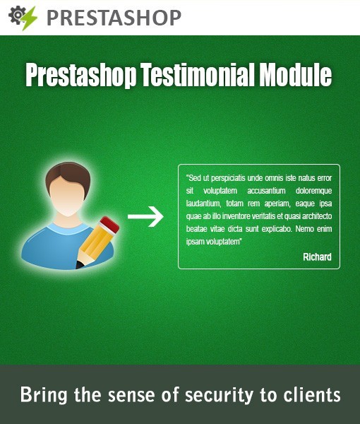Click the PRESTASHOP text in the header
113,17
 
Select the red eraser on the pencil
108,227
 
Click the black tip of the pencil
79,265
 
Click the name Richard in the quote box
317,257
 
